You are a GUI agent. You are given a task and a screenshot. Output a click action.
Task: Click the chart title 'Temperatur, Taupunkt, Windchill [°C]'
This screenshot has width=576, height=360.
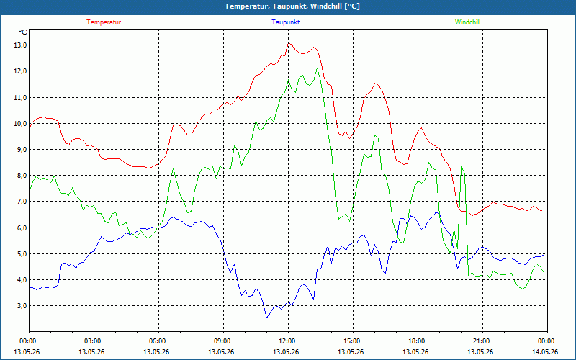[x=292, y=6]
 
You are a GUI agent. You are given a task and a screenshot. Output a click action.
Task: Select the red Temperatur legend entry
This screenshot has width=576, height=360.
[x=104, y=22]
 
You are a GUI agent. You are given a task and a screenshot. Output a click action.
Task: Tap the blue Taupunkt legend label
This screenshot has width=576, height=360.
[x=285, y=22]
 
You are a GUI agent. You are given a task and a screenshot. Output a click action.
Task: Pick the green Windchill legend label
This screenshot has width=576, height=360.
[x=467, y=22]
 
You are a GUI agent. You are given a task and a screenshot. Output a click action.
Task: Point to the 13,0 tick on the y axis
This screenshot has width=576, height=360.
[x=20, y=45]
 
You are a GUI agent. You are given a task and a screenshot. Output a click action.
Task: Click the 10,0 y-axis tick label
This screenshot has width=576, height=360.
[x=20, y=123]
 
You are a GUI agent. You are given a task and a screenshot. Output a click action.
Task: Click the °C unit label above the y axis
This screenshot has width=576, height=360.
[x=23, y=32]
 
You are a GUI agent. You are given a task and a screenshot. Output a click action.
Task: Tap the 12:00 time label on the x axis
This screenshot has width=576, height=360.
[x=288, y=341]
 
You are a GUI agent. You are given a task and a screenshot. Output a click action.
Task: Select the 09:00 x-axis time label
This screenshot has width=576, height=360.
[x=223, y=341]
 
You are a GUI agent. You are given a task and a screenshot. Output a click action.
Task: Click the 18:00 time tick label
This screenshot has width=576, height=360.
[x=418, y=341]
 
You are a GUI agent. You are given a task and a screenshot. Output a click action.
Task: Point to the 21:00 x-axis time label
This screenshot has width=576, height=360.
[x=482, y=341]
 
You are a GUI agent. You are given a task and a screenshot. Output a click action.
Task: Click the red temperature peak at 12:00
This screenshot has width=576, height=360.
[x=289, y=43]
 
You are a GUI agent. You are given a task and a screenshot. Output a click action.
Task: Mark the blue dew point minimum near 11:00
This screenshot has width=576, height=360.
[x=266, y=318]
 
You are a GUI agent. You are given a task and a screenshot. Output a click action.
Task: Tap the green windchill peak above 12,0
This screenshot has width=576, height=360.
[x=317, y=68]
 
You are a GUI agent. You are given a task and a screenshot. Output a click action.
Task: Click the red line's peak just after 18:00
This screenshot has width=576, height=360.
[x=421, y=128]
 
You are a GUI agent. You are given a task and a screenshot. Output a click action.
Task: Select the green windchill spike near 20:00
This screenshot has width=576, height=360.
[x=462, y=167]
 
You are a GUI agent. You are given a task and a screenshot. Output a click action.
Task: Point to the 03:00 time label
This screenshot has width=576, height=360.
[x=94, y=341]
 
